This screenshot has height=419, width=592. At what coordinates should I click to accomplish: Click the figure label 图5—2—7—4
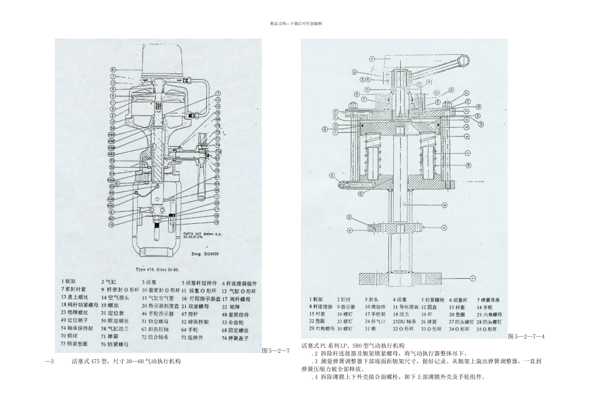click(527, 337)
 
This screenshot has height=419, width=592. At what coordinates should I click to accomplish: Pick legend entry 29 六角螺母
click(322, 329)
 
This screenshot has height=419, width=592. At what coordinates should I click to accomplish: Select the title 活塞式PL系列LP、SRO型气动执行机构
click(353, 345)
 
